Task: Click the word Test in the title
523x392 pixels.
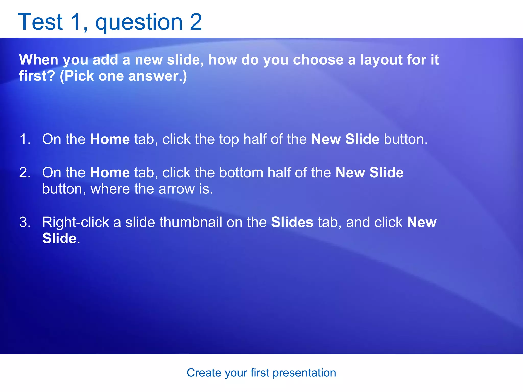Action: [x=40, y=22]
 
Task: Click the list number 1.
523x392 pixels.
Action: [x=25, y=139]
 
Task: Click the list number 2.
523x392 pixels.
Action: [x=25, y=173]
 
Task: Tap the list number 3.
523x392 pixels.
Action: [x=25, y=222]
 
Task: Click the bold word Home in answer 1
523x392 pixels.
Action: [x=110, y=139]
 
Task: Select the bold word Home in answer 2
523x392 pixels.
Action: [x=110, y=173]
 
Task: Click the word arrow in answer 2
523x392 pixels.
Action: [x=176, y=189]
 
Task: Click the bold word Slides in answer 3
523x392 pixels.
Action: [x=292, y=222]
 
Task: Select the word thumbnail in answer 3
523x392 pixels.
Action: [x=191, y=222]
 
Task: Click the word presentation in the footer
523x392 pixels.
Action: [x=304, y=373]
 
